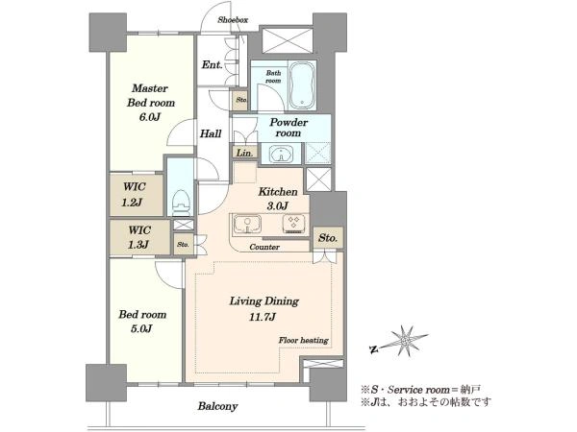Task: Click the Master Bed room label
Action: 151,95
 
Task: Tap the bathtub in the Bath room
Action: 302,85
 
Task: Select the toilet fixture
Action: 181,203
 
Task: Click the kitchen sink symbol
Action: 247,224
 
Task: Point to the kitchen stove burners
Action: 294,224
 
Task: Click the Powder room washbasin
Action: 281,154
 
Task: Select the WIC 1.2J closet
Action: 137,195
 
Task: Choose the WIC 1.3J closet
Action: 140,237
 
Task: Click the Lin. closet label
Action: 244,153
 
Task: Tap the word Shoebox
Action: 233,20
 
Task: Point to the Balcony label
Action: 217,406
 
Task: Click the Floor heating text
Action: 303,340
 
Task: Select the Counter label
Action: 264,247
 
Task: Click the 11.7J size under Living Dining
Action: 263,317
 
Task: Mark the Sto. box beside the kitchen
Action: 328,237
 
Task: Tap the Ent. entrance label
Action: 212,65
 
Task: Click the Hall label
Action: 211,133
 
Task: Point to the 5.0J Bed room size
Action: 141,328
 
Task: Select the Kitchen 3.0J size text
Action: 278,205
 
